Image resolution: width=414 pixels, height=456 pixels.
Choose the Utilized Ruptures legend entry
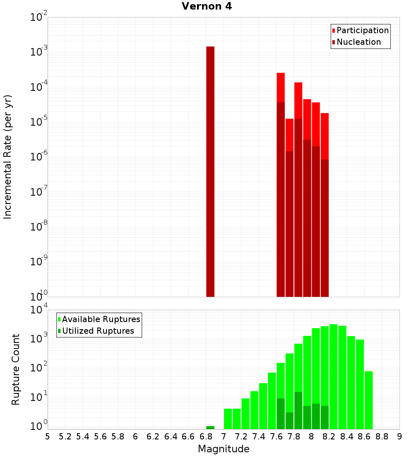tap(98, 331)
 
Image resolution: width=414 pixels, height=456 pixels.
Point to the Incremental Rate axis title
tap(8, 157)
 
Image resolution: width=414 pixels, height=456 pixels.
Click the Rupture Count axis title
tap(16, 369)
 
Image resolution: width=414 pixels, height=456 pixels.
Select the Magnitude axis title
tap(224, 449)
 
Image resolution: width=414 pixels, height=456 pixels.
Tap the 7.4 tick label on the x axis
tap(259, 436)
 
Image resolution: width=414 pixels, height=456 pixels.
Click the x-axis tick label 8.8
tap(382, 436)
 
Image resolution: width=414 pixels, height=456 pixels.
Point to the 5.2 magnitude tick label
tap(65, 436)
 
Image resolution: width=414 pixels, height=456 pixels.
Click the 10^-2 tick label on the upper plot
tap(39, 18)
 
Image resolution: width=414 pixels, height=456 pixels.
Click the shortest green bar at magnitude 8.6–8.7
tap(368, 400)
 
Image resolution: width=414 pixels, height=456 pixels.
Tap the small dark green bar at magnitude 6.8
tap(210, 427)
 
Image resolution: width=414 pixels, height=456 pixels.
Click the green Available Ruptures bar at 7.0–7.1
tap(228, 419)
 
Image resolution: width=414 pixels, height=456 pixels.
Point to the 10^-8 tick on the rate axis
tap(39, 226)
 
